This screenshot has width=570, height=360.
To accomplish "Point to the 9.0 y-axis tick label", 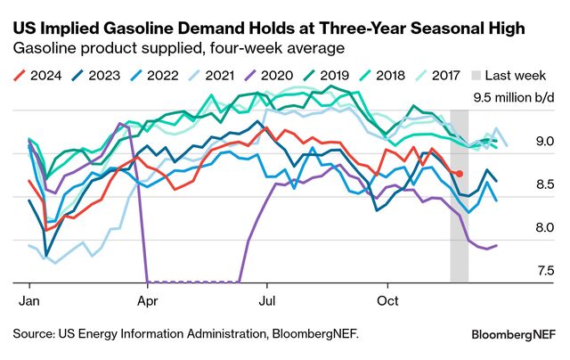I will click(545, 141).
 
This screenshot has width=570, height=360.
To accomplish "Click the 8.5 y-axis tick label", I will click(545, 184).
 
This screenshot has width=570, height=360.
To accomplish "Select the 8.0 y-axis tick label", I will click(545, 228).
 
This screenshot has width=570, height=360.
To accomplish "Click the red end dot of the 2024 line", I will click(460, 174).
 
